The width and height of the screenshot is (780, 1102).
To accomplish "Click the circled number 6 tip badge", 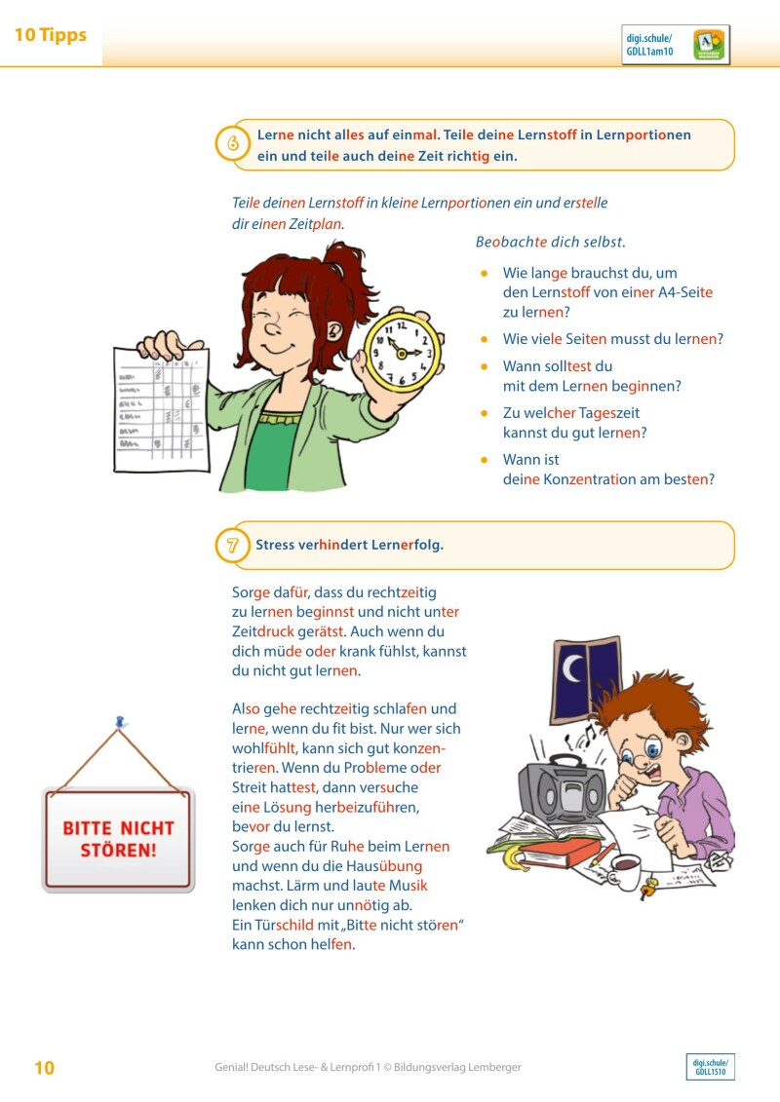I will [x=233, y=143].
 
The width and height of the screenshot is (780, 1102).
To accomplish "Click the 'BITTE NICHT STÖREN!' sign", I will [x=118, y=838].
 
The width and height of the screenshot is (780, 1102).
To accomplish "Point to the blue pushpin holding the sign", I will [x=120, y=723].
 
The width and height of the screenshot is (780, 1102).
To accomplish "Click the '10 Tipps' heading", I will [x=51, y=36].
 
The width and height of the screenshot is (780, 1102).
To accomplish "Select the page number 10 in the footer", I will [x=45, y=1068].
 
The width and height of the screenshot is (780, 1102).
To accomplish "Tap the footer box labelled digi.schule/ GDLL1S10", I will [x=710, y=1067].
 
